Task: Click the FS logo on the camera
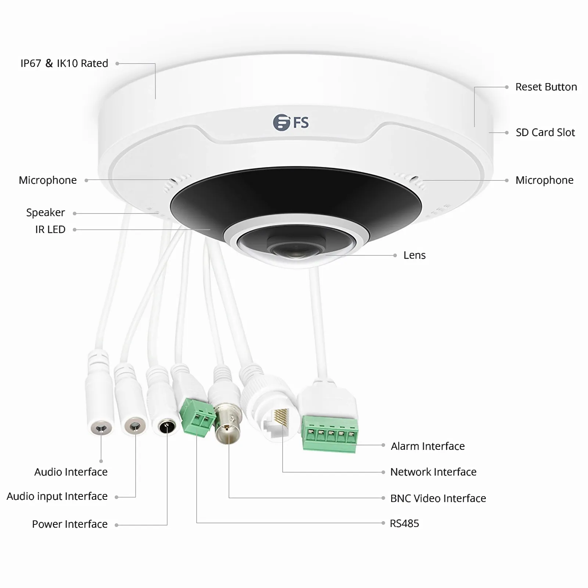coord(291,122)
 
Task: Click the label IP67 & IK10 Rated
coord(64,63)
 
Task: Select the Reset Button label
coord(546,87)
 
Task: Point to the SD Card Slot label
coord(545,133)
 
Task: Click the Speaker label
coord(45,213)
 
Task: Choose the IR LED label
coord(50,230)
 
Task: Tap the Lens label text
coord(414,255)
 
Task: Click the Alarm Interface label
coord(427,446)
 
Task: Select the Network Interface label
coord(433,472)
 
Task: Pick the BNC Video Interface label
coord(438,498)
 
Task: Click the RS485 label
coord(404,523)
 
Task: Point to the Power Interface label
coord(69,524)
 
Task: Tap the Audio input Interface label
coord(57,496)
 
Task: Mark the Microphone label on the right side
coord(544,180)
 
